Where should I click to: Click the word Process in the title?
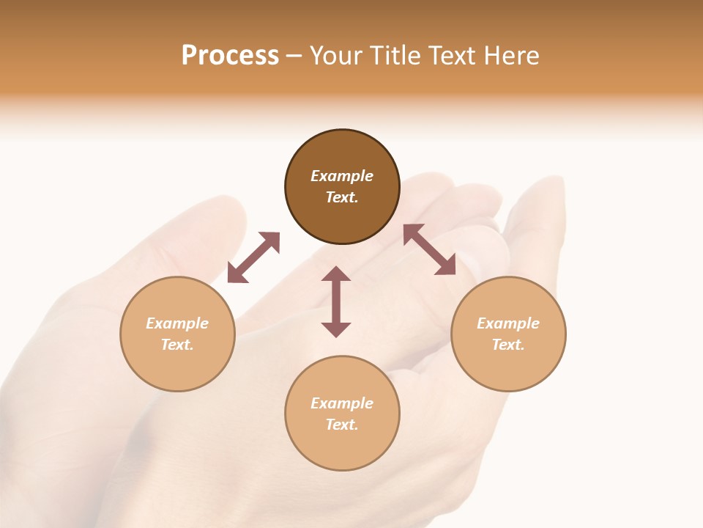230,56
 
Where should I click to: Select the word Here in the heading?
510,56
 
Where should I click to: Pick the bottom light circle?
342,447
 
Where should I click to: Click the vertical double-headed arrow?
336,302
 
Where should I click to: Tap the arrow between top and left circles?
253,257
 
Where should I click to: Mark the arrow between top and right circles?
430,250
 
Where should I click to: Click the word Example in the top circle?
342,176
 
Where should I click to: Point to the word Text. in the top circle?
342,197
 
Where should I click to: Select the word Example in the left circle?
177,323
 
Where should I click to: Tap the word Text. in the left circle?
177,345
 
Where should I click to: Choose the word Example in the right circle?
508,323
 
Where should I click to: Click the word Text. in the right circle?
508,345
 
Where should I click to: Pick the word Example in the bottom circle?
342,403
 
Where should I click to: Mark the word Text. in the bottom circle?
342,425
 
